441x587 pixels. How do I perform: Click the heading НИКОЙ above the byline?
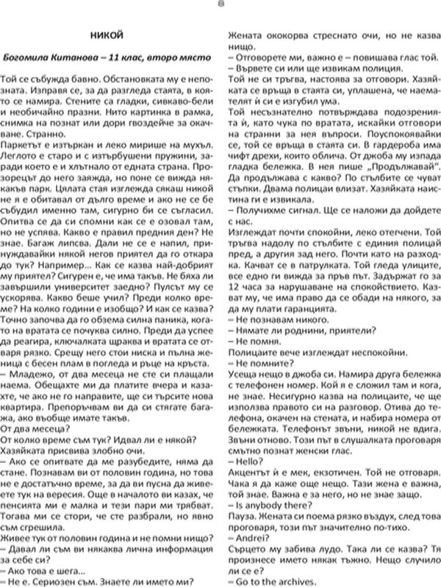pyautogui.click(x=109, y=34)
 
